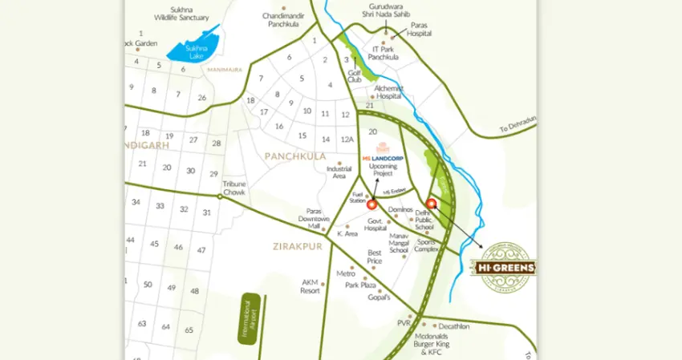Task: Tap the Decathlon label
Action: tap(453, 326)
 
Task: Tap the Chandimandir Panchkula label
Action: tap(286, 20)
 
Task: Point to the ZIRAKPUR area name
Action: tap(297, 248)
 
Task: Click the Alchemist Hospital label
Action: tap(388, 91)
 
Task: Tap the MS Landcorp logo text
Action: tap(382, 159)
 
